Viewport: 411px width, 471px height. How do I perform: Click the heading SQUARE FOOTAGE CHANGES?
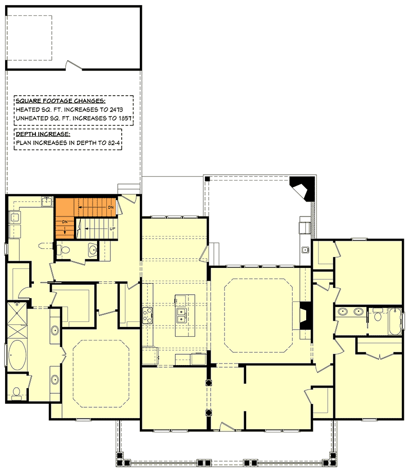point(60,101)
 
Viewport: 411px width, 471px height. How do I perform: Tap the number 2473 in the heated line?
point(116,110)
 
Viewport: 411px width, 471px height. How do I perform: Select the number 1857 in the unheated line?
point(125,118)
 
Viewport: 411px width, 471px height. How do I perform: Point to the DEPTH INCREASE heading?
point(43,134)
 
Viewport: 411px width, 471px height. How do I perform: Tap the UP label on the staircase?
point(113,229)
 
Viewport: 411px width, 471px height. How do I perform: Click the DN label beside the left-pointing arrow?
point(111,207)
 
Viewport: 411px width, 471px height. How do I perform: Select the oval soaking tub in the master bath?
point(17,356)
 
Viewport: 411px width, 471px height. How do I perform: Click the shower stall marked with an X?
point(16,320)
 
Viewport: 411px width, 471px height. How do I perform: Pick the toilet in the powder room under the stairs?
point(64,249)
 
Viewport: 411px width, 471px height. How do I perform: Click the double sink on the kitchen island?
point(181,315)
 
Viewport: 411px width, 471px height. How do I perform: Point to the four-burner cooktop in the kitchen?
point(147,315)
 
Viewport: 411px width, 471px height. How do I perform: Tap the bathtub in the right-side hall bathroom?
point(395,321)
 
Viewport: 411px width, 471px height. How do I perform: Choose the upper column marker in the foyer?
point(209,383)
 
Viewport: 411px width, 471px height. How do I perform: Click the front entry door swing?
point(227,427)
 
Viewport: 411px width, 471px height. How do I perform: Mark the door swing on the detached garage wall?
point(74,65)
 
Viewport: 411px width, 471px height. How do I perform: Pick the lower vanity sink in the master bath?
point(54,379)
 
